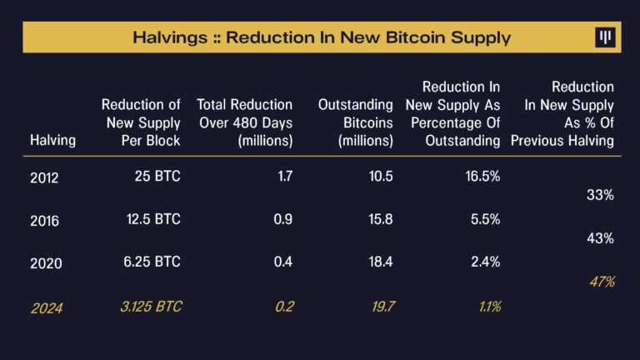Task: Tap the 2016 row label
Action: [44, 220]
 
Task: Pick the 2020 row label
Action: [44, 263]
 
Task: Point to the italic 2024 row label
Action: [47, 307]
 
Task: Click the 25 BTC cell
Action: [157, 177]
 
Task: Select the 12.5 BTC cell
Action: [151, 219]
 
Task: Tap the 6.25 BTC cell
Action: [151, 262]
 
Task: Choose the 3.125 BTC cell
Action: [149, 307]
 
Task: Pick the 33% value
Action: [600, 195]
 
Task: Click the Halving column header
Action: [52, 140]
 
